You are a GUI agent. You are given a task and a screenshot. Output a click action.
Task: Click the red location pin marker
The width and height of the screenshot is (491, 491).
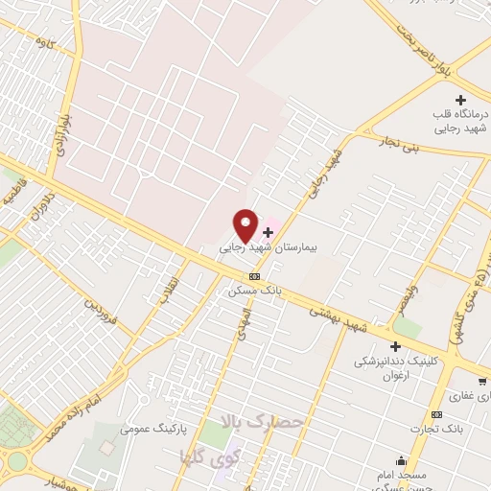point(245,225)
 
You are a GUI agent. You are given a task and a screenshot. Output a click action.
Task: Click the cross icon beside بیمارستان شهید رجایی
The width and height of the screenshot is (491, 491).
point(268,232)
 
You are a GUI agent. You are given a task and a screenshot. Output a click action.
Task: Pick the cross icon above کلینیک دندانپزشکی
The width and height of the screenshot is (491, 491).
point(394,345)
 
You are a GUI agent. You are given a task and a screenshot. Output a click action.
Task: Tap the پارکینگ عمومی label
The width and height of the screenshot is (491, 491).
point(152,422)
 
